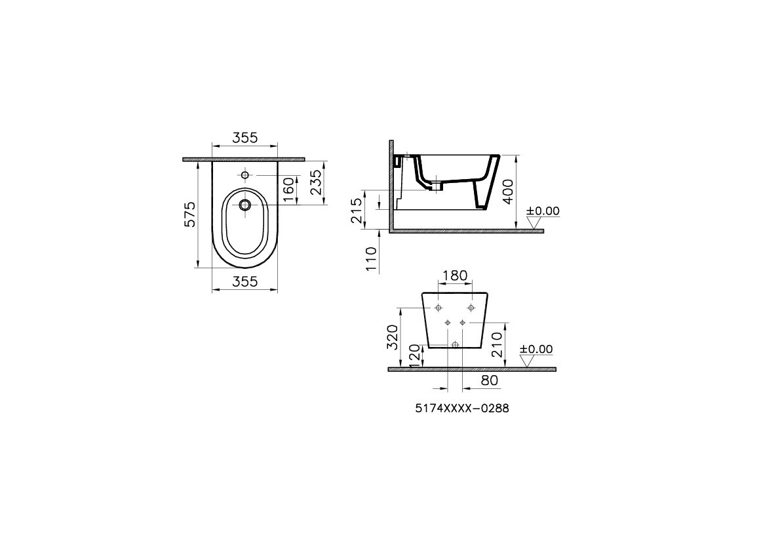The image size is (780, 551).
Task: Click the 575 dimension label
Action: [x=189, y=214]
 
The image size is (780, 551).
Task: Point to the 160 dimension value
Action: [x=288, y=190]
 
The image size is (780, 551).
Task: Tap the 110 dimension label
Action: [x=372, y=258]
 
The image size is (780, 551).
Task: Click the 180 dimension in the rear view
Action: [x=454, y=276]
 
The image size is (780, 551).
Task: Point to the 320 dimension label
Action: [x=392, y=337]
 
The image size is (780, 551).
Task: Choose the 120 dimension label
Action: [x=413, y=355]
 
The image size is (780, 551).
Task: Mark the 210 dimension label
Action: [x=497, y=344]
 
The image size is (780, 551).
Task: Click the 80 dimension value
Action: [x=490, y=380]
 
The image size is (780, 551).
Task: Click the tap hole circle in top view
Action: [x=245, y=175]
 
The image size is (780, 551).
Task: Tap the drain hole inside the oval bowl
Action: [x=245, y=205]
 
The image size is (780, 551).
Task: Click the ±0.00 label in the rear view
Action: [x=536, y=350]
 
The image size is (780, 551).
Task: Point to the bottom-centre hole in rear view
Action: [x=455, y=344]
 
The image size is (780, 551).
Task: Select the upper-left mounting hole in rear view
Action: [x=439, y=308]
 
